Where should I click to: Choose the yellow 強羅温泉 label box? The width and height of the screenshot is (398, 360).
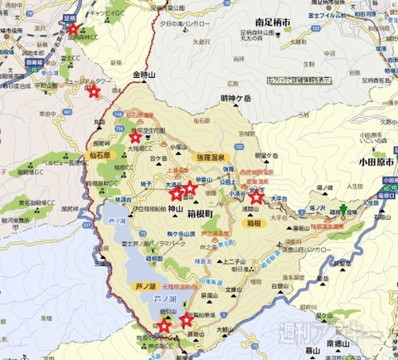click(213, 155)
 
